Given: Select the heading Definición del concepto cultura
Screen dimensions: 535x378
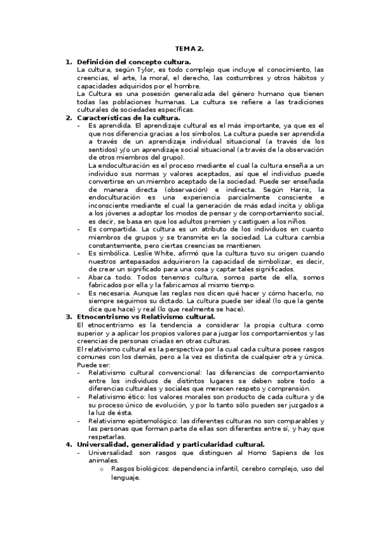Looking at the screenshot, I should pos(133,62).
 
